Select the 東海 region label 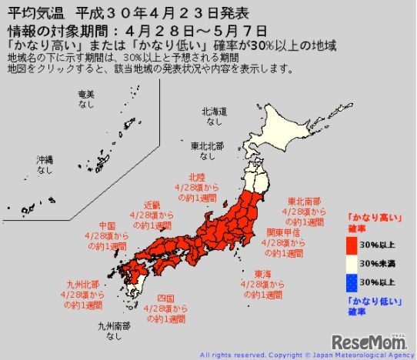coord(262,272)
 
